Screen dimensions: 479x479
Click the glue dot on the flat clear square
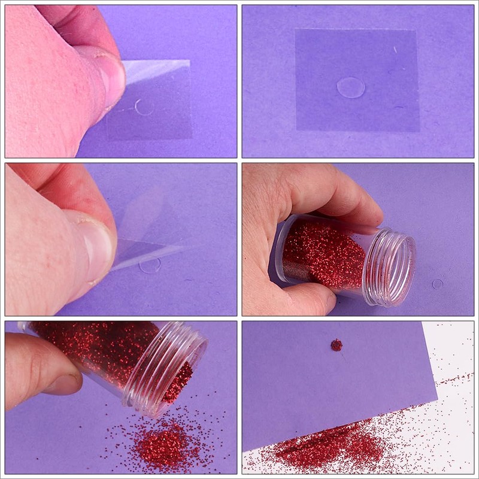point(350,87)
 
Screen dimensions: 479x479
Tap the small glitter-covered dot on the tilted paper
point(336,345)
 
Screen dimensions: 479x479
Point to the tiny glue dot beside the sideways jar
point(438,284)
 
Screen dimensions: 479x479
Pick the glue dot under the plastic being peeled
point(150,265)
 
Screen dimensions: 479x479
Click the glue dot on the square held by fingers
point(144,107)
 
